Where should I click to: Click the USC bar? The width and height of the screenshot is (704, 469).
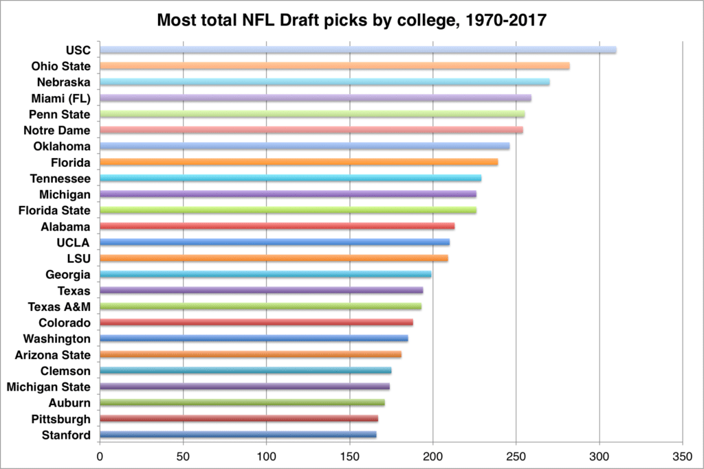click(x=357, y=49)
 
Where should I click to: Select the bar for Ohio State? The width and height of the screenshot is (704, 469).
click(x=335, y=66)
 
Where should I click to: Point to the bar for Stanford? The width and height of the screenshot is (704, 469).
click(x=238, y=435)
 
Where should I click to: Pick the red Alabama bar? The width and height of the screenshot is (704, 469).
click(x=277, y=226)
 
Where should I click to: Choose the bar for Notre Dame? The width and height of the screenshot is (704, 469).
click(x=311, y=130)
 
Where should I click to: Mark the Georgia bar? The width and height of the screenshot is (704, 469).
click(x=265, y=274)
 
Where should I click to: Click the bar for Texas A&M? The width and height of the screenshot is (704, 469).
click(x=261, y=306)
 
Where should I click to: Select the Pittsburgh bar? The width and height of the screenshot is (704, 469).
click(x=239, y=418)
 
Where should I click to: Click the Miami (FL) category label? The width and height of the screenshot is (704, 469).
click(x=60, y=99)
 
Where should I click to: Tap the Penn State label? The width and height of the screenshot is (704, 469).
click(x=59, y=115)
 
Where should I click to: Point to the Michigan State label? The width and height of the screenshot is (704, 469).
click(x=48, y=387)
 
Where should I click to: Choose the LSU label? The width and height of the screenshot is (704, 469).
click(x=78, y=259)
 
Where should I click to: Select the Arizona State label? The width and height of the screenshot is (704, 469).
click(x=52, y=355)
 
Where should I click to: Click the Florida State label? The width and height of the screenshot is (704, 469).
click(x=54, y=210)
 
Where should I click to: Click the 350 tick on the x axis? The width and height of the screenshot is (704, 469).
click(x=683, y=457)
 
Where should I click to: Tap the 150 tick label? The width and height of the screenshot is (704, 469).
click(x=350, y=457)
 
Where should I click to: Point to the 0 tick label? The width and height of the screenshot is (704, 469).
click(x=100, y=457)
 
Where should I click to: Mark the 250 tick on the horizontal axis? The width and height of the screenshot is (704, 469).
click(x=516, y=457)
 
